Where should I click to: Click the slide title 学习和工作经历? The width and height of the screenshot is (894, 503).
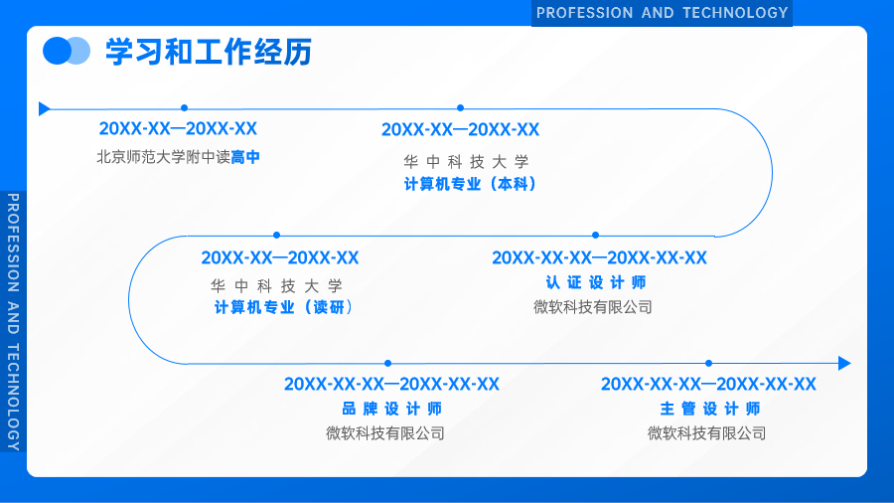pyautogui.click(x=209, y=52)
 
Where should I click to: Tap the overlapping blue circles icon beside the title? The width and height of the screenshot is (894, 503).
pyautogui.click(x=67, y=51)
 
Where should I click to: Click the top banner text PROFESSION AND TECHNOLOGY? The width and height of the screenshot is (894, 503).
pyautogui.click(x=662, y=13)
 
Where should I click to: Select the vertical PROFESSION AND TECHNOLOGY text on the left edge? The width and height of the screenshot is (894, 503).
pyautogui.click(x=13, y=322)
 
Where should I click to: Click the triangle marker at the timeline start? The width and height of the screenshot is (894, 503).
pyautogui.click(x=44, y=108)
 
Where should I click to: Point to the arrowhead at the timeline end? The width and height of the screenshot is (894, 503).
pyautogui.click(x=844, y=363)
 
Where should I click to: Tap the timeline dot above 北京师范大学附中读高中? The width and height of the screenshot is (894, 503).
pyautogui.click(x=184, y=107)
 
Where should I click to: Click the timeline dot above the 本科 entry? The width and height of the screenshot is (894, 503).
pyautogui.click(x=460, y=107)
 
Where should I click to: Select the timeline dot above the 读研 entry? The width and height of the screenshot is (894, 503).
pyautogui.click(x=276, y=235)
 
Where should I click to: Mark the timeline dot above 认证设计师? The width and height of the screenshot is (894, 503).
pyautogui.click(x=595, y=235)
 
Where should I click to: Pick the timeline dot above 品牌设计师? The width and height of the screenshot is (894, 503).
pyautogui.click(x=387, y=363)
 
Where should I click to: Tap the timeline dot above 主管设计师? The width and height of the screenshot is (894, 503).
pyautogui.click(x=708, y=363)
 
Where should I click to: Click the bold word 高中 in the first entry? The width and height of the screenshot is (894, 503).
pyautogui.click(x=245, y=157)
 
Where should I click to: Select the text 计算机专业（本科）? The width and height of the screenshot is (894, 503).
pyautogui.click(x=471, y=184)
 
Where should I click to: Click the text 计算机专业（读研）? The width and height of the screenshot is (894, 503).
pyautogui.click(x=283, y=307)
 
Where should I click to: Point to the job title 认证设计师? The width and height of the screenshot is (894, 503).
pyautogui.click(x=596, y=282)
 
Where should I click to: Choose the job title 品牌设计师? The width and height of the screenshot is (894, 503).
pyautogui.click(x=391, y=409)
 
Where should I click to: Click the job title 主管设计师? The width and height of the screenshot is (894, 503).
pyautogui.click(x=710, y=409)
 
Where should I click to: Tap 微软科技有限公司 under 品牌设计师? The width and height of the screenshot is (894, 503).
pyautogui.click(x=385, y=433)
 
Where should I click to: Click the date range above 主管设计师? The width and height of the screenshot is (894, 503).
pyautogui.click(x=708, y=384)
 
